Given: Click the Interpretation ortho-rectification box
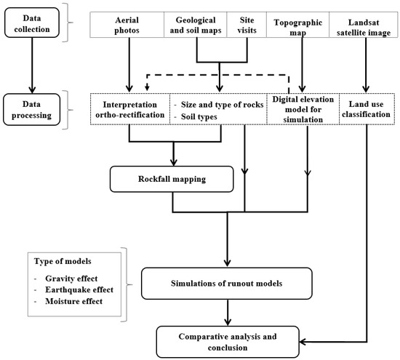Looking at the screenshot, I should tap(129, 108).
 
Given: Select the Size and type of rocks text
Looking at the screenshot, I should tap(217, 103).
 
